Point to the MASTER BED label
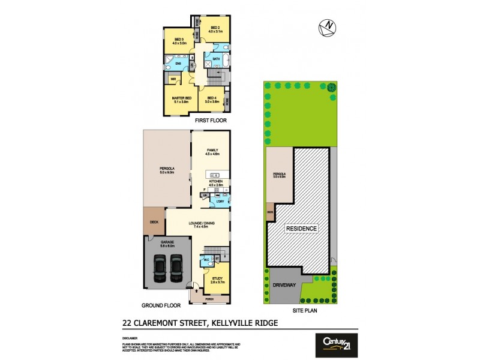point(181,98)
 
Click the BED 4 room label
point(211,98)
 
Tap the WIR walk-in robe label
point(173,79)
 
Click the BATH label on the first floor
point(216,58)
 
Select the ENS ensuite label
point(178,62)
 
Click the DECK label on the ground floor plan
point(154,223)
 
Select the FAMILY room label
point(211,150)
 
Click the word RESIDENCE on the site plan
point(301,229)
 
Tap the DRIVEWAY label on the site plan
point(285,285)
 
